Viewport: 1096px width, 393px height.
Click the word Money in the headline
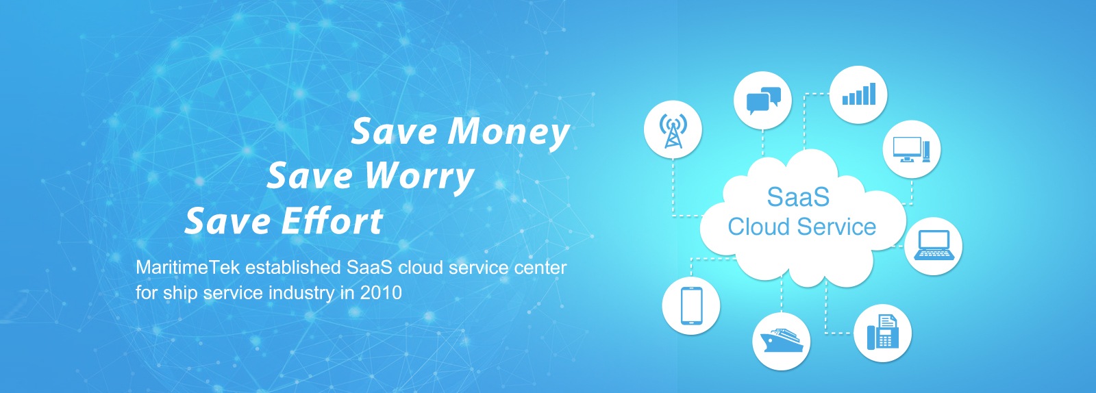509,132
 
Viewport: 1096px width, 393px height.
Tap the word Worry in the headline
420,177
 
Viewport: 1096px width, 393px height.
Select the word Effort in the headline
332,221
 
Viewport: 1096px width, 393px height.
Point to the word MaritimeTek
188,268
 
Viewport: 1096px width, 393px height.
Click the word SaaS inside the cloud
798,197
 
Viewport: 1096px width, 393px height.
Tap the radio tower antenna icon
673,130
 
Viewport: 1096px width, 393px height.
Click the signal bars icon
859,94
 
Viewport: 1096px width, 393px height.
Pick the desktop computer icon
911,149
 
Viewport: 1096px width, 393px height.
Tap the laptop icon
934,245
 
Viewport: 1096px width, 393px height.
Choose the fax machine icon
883,332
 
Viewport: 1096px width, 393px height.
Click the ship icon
782,340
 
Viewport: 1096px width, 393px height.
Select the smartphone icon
691,306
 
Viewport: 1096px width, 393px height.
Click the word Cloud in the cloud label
759,227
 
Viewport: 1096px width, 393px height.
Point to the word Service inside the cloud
836,227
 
